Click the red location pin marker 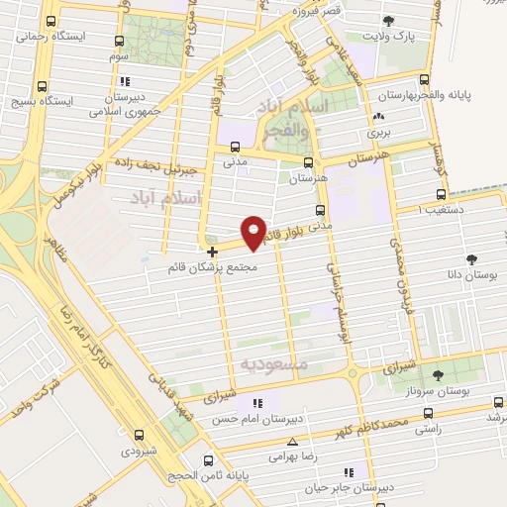coord(253,232)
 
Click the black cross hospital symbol coord(212,252)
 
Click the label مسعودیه coord(274,364)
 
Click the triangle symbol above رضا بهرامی coord(291,443)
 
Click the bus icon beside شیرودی coord(138,434)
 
